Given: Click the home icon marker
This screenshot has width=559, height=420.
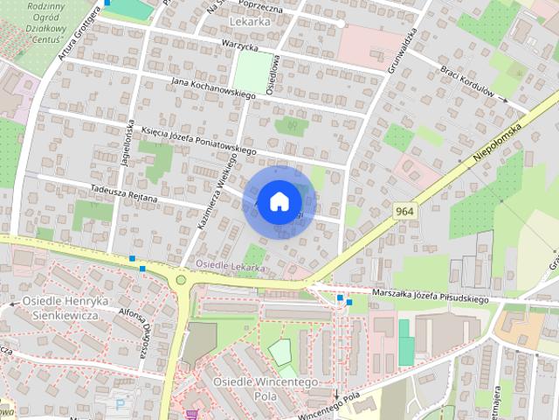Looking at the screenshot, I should point(278,201).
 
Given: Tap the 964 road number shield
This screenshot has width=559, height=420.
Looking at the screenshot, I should point(404,212).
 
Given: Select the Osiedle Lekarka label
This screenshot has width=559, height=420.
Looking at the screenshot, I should point(230,263).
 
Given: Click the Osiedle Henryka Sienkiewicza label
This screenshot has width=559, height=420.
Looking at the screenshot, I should point(60,308).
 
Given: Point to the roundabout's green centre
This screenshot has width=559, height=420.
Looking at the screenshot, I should point(181,280).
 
